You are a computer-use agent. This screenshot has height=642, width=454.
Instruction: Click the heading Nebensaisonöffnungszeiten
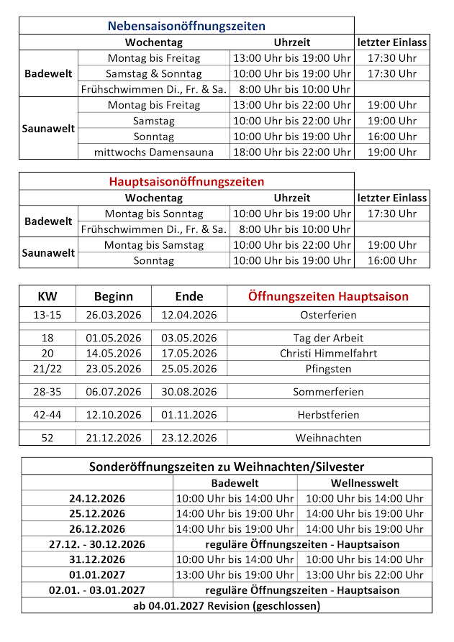point(186,26)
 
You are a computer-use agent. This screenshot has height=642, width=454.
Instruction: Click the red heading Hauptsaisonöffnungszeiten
point(186,182)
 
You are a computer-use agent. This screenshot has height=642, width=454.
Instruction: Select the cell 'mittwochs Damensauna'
point(154,152)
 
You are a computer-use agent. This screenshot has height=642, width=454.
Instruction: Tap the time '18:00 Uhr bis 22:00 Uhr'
point(292,152)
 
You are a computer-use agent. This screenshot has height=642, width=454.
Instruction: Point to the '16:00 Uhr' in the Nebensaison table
point(392,137)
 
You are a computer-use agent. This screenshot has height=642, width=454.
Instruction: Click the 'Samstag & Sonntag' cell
point(154,73)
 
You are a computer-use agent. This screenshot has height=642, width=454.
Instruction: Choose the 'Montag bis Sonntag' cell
point(154,214)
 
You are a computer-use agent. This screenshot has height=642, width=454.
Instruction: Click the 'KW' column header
point(47,296)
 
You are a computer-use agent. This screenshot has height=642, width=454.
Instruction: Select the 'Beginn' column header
point(114,296)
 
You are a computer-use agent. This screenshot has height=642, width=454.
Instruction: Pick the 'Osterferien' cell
point(328,315)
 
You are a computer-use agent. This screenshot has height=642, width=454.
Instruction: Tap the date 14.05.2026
point(114,353)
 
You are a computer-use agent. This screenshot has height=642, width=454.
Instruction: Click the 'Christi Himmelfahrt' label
point(328,353)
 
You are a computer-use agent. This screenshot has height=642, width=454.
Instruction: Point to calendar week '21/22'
point(47,369)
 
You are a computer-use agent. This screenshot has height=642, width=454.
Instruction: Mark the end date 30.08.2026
point(189,392)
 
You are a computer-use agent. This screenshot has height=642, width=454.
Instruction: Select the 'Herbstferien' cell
point(328,415)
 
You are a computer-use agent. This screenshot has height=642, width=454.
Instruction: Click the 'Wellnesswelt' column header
point(364,483)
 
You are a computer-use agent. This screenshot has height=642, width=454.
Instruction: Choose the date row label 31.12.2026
point(97,559)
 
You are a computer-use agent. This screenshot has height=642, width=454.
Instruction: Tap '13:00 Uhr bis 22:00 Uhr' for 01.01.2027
point(364,574)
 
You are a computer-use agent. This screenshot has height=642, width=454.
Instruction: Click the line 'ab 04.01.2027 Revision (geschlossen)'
point(227,605)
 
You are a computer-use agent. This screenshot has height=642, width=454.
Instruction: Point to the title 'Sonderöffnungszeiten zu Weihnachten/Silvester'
point(227,467)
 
